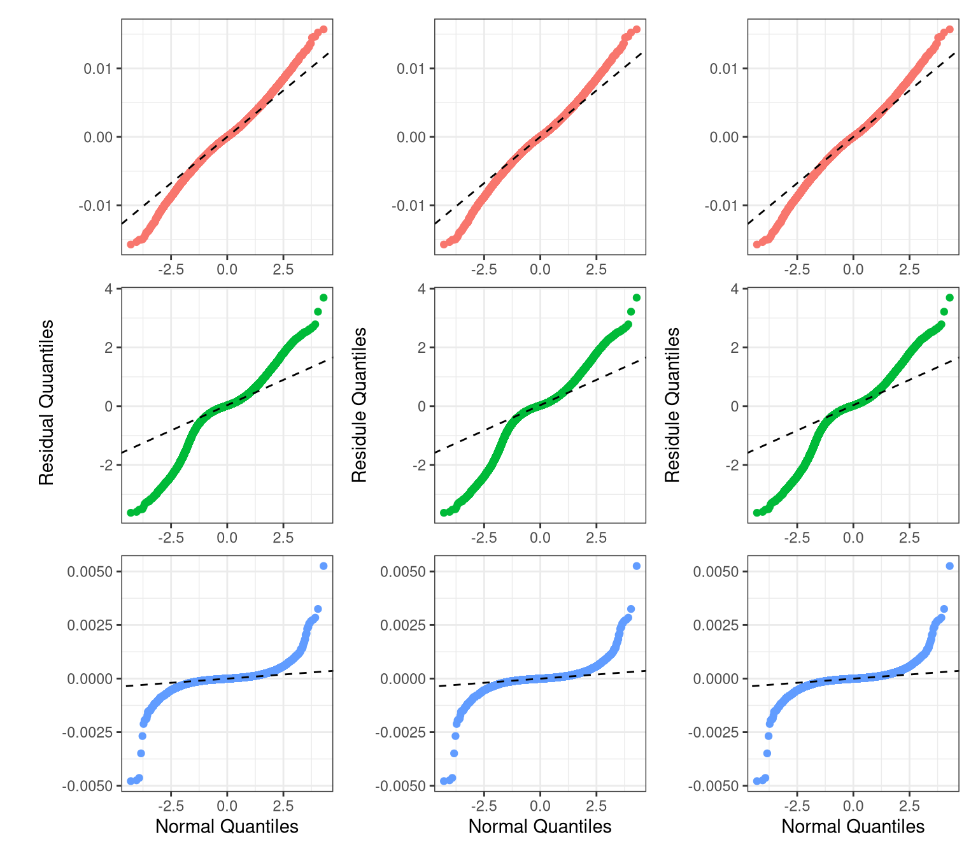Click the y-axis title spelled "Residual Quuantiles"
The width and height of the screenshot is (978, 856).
[x=46, y=403]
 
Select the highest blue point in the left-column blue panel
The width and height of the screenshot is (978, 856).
[x=323, y=566]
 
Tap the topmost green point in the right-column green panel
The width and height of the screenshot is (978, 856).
[x=950, y=297]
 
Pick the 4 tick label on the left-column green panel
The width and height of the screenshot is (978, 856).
[x=109, y=289]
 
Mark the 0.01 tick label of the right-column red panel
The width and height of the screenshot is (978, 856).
[x=725, y=68]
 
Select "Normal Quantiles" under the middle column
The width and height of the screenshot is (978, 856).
[x=540, y=827]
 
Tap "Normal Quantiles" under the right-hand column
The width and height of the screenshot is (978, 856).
[x=853, y=827]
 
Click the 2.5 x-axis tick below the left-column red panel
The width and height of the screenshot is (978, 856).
[x=283, y=269]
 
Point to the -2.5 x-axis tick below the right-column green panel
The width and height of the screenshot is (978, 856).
[x=797, y=538]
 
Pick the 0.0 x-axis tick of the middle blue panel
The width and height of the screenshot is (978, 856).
[x=540, y=806]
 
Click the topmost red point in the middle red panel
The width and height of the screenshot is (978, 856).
[x=637, y=29]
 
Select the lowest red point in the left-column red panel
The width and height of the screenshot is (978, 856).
[x=131, y=244]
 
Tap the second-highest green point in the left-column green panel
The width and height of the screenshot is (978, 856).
[x=318, y=311]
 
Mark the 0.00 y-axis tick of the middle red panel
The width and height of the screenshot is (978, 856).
[x=409, y=137]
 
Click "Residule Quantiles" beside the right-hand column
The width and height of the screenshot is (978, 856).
[x=673, y=404]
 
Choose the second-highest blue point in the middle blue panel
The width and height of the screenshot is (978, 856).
[x=631, y=609]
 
